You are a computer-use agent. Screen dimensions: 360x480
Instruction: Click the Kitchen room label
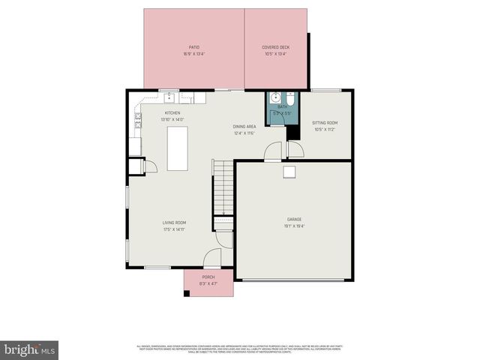pos(172,112)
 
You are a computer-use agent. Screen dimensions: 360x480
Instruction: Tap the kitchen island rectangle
pos(178,148)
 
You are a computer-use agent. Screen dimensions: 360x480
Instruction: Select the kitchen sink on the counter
pos(169,97)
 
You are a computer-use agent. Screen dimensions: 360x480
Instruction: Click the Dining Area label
pos(244,127)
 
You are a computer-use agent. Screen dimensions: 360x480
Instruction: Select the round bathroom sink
pos(275,97)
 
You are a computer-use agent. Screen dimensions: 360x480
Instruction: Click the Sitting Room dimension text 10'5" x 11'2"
pos(324,129)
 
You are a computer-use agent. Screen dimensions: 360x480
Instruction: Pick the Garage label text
pos(293,219)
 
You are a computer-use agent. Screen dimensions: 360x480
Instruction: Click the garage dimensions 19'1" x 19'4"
pos(293,226)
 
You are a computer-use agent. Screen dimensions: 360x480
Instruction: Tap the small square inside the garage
pos(289,172)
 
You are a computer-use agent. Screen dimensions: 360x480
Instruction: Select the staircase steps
pos(223,187)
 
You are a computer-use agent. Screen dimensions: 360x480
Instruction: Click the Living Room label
pos(175,223)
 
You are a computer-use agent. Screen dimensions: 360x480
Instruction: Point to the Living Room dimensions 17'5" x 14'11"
pos(175,229)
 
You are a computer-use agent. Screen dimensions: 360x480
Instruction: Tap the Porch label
pos(208,277)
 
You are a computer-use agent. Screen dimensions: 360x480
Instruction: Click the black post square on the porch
pos(187,292)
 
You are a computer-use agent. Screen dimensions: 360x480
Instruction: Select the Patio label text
pos(194,47)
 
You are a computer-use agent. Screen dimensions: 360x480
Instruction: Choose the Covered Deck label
pos(275,47)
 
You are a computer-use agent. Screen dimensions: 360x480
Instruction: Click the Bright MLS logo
pos(30,349)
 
